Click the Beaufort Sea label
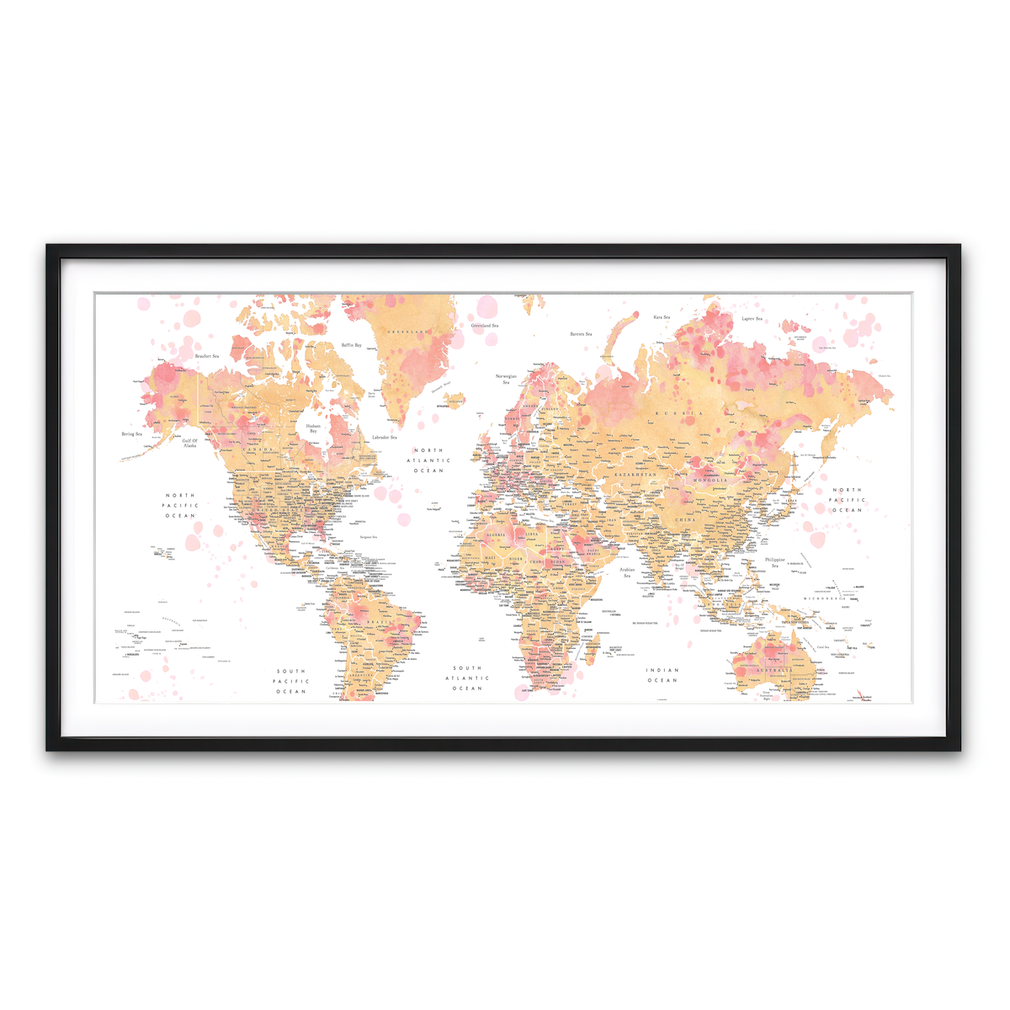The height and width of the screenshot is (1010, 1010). point(206,356)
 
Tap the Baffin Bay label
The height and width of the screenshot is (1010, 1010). point(351,345)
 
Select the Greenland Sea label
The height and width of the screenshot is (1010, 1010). point(485,326)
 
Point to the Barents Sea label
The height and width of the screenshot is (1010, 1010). point(581,334)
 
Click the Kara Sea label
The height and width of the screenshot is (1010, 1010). point(662,317)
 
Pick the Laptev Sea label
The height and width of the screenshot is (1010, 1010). point(752,319)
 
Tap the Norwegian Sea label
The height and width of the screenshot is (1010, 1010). point(506,379)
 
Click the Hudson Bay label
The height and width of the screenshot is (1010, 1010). point(313,428)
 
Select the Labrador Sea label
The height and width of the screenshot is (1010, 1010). point(384,437)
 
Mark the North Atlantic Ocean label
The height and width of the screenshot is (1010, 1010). point(428,460)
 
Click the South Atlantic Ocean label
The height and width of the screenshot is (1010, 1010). point(467,678)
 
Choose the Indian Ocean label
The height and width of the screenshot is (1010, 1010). point(662,675)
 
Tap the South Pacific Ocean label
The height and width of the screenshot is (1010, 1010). point(291,682)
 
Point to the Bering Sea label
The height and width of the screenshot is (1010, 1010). point(132,434)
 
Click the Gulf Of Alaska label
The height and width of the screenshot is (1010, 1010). point(190,443)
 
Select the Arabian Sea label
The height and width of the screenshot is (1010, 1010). point(627,572)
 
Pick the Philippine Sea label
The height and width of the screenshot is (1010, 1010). point(774,562)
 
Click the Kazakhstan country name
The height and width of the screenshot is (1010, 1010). point(635,476)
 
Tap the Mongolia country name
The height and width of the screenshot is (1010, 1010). point(710,480)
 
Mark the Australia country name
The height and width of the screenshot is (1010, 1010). point(773,670)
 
